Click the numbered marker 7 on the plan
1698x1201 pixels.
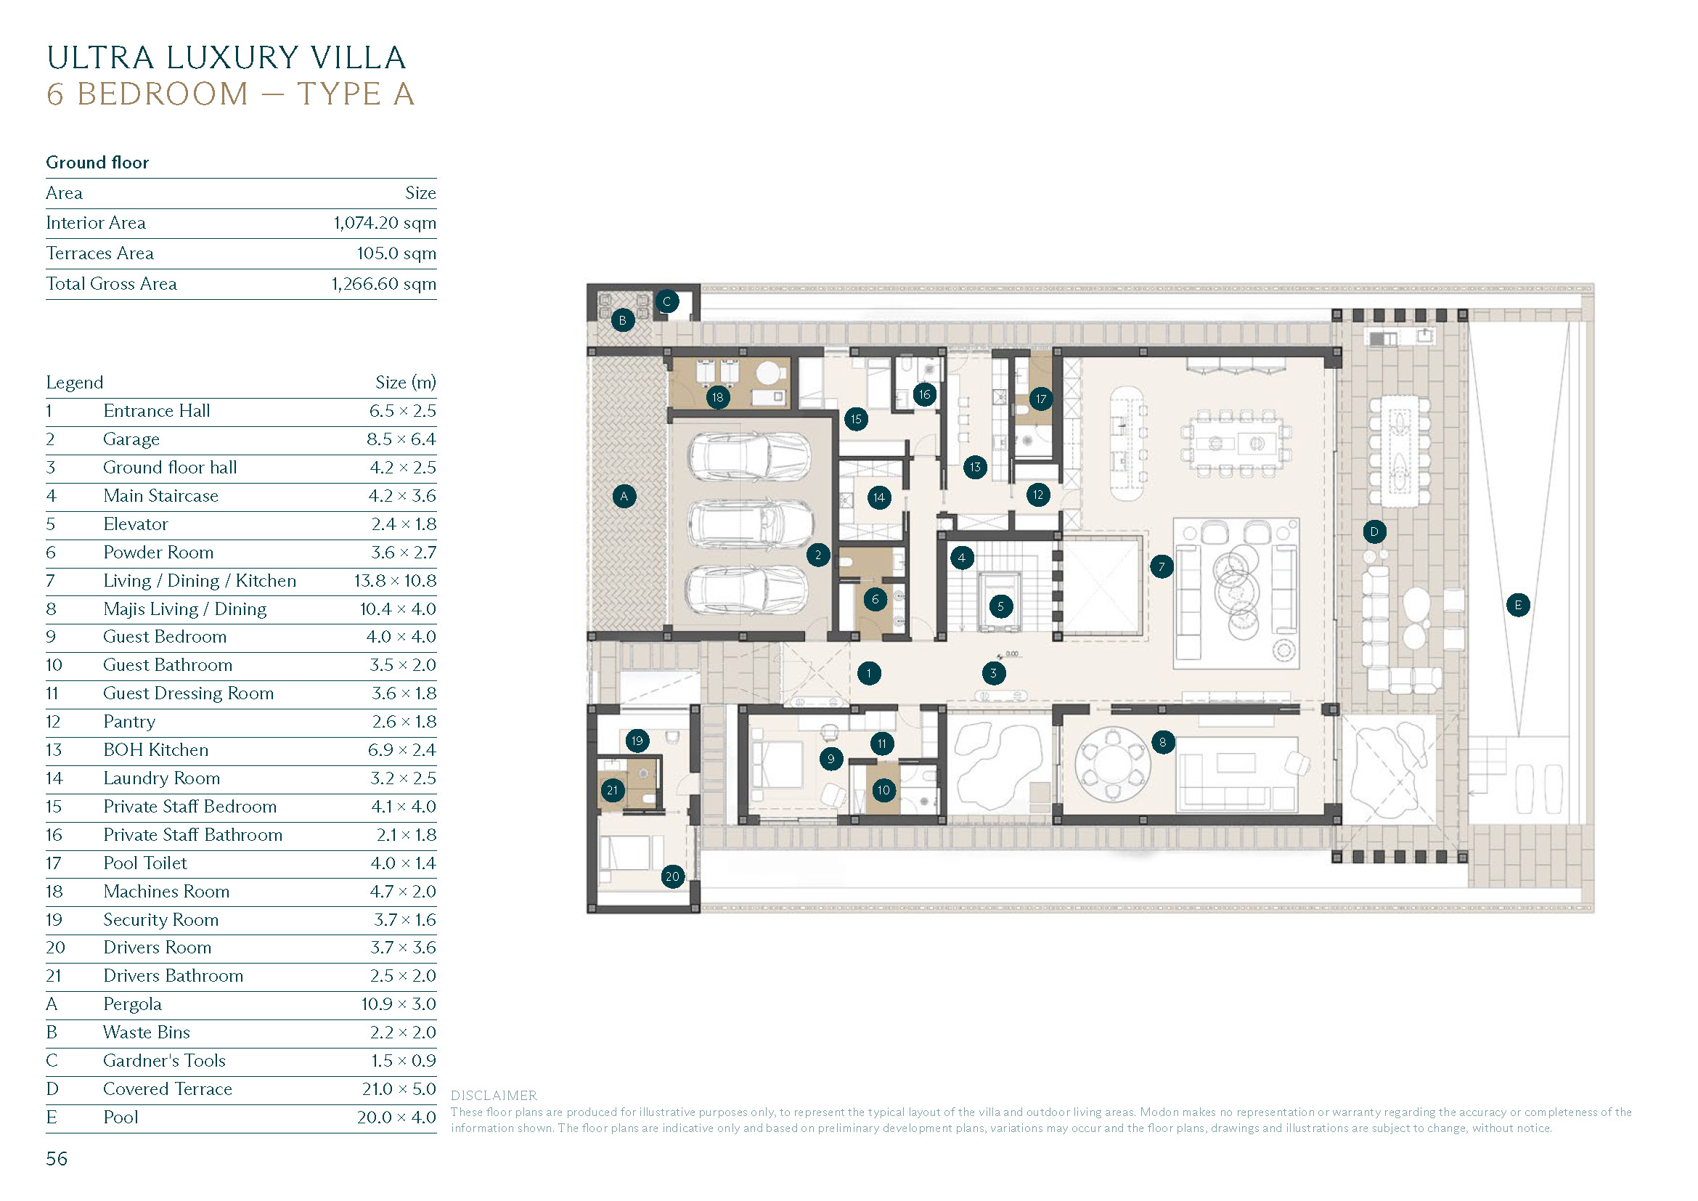click(1161, 567)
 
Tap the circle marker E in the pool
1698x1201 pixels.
click(1517, 605)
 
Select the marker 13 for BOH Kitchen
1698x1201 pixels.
click(975, 468)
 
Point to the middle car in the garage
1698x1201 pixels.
click(748, 523)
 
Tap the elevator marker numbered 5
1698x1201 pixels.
click(1000, 606)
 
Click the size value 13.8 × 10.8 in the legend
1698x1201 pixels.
click(394, 582)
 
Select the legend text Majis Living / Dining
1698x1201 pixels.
click(185, 609)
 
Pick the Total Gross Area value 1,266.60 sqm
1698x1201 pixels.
click(383, 284)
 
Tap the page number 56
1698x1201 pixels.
click(56, 1159)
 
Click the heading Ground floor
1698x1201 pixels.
click(97, 163)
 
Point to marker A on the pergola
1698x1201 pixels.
click(624, 496)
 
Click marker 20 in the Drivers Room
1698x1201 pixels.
click(672, 877)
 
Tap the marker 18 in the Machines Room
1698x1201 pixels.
click(717, 397)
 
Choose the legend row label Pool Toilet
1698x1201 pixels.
click(145, 864)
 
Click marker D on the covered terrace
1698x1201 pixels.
click(1373, 532)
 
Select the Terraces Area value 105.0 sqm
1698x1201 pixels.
click(396, 253)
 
